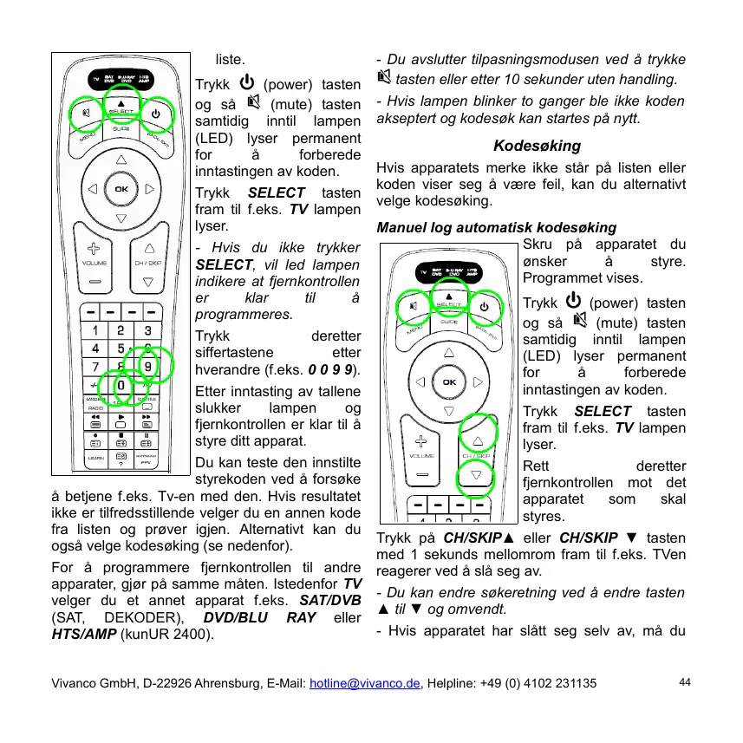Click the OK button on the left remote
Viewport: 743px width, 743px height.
click(x=121, y=189)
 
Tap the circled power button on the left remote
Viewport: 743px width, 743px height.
click(x=156, y=114)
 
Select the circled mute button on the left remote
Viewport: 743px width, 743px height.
click(x=86, y=114)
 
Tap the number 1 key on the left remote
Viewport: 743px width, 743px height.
click(x=93, y=330)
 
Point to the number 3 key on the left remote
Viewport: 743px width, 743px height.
click(x=148, y=330)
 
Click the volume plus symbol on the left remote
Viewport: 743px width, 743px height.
click(x=94, y=247)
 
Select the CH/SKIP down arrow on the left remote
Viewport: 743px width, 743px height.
click(x=148, y=282)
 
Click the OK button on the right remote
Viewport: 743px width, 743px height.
click(x=448, y=382)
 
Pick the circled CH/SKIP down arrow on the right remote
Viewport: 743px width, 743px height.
click(x=477, y=474)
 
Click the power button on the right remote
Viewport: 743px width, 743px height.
click(x=485, y=306)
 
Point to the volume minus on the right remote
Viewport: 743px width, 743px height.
click(x=421, y=475)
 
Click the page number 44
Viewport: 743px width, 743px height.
click(x=685, y=682)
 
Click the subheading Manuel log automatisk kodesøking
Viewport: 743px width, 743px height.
click(x=497, y=228)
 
